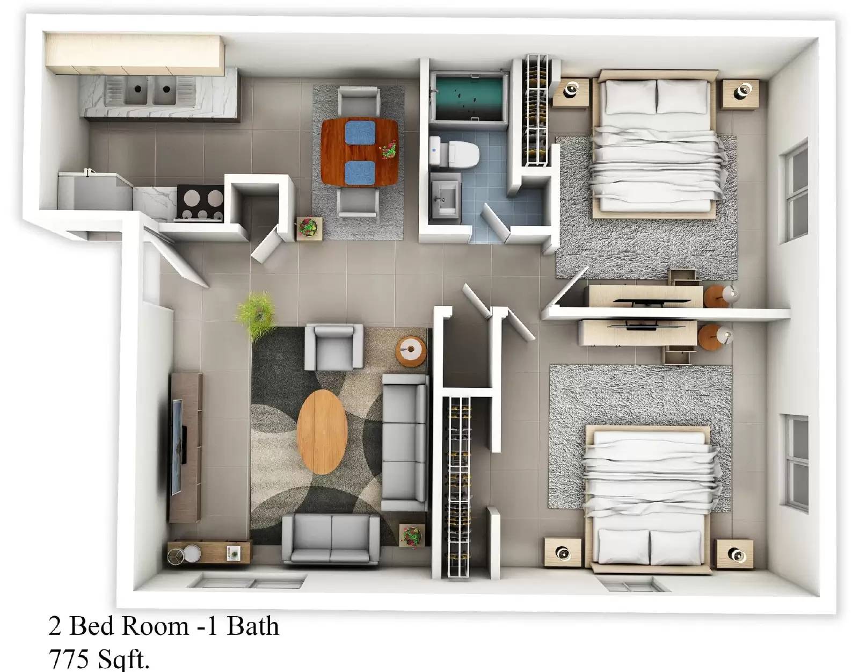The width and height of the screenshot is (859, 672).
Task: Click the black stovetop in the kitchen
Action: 201,203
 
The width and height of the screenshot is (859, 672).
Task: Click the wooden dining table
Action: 360,151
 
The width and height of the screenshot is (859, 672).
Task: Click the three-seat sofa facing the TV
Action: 405,442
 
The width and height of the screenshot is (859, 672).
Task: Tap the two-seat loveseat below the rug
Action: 331,537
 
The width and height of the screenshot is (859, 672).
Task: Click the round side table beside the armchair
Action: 411,351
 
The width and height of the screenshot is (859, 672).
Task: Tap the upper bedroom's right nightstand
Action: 740,93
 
